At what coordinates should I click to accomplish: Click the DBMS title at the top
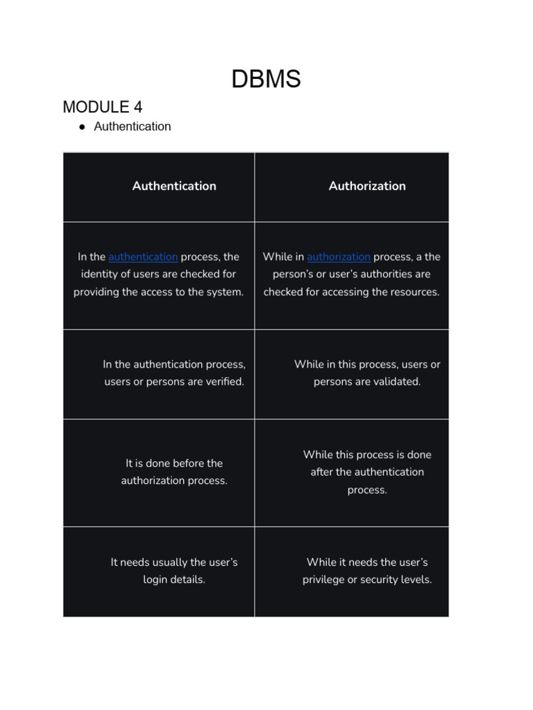266,79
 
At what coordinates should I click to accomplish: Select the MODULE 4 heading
102,107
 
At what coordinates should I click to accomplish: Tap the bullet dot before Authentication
81,127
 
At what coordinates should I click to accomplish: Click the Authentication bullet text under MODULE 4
132,126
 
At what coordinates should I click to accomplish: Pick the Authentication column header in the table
174,186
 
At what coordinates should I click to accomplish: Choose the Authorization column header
367,186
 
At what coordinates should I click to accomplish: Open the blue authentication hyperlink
143,257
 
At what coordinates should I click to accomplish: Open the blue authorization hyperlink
339,257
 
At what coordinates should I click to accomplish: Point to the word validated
397,382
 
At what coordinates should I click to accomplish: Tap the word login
155,580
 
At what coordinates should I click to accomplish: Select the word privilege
325,580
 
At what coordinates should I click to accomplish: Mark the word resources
412,292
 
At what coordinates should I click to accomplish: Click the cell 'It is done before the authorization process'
174,472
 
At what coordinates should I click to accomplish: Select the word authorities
384,274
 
